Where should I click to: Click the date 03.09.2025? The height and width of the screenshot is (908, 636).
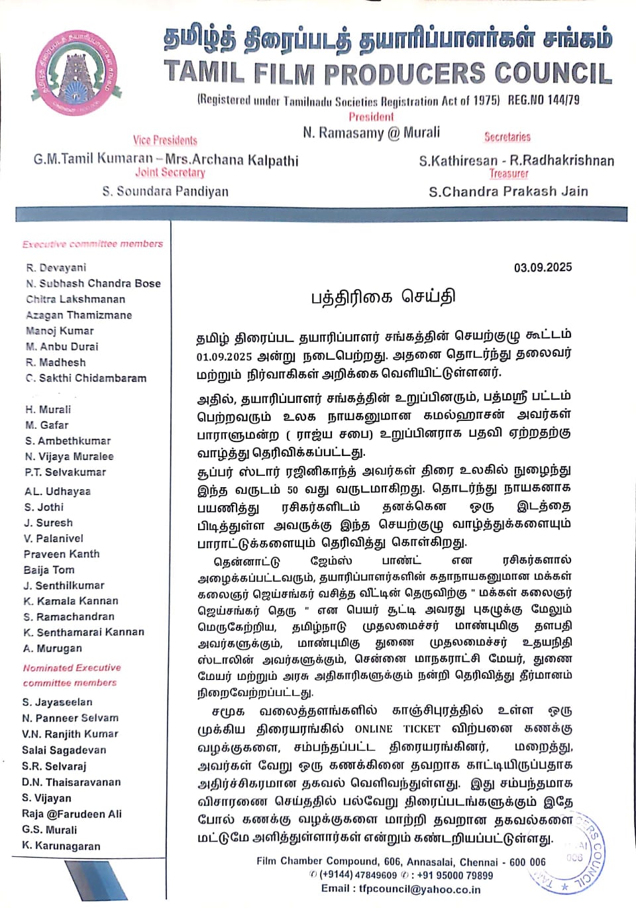click(x=543, y=268)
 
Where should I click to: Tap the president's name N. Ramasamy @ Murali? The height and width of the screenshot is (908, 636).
click(x=371, y=133)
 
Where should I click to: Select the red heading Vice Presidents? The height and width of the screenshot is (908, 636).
click(x=165, y=141)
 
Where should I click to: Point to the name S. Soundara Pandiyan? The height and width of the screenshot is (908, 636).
click(x=165, y=192)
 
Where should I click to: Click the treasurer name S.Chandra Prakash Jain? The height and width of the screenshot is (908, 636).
click(x=508, y=192)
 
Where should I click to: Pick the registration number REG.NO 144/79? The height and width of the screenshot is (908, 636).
click(x=543, y=100)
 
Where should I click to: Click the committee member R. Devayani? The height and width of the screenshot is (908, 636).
click(x=56, y=268)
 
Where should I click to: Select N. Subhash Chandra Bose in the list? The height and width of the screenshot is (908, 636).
click(x=93, y=284)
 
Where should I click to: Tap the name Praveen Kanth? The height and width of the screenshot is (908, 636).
click(x=62, y=554)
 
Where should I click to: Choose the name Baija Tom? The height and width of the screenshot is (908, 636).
click(x=49, y=570)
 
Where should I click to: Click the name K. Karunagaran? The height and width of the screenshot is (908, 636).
click(x=61, y=846)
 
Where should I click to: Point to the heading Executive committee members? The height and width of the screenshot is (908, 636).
click(x=93, y=244)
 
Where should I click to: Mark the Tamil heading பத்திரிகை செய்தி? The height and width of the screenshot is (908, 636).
click(x=383, y=297)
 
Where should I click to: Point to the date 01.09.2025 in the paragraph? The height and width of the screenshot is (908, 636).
click(x=224, y=357)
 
